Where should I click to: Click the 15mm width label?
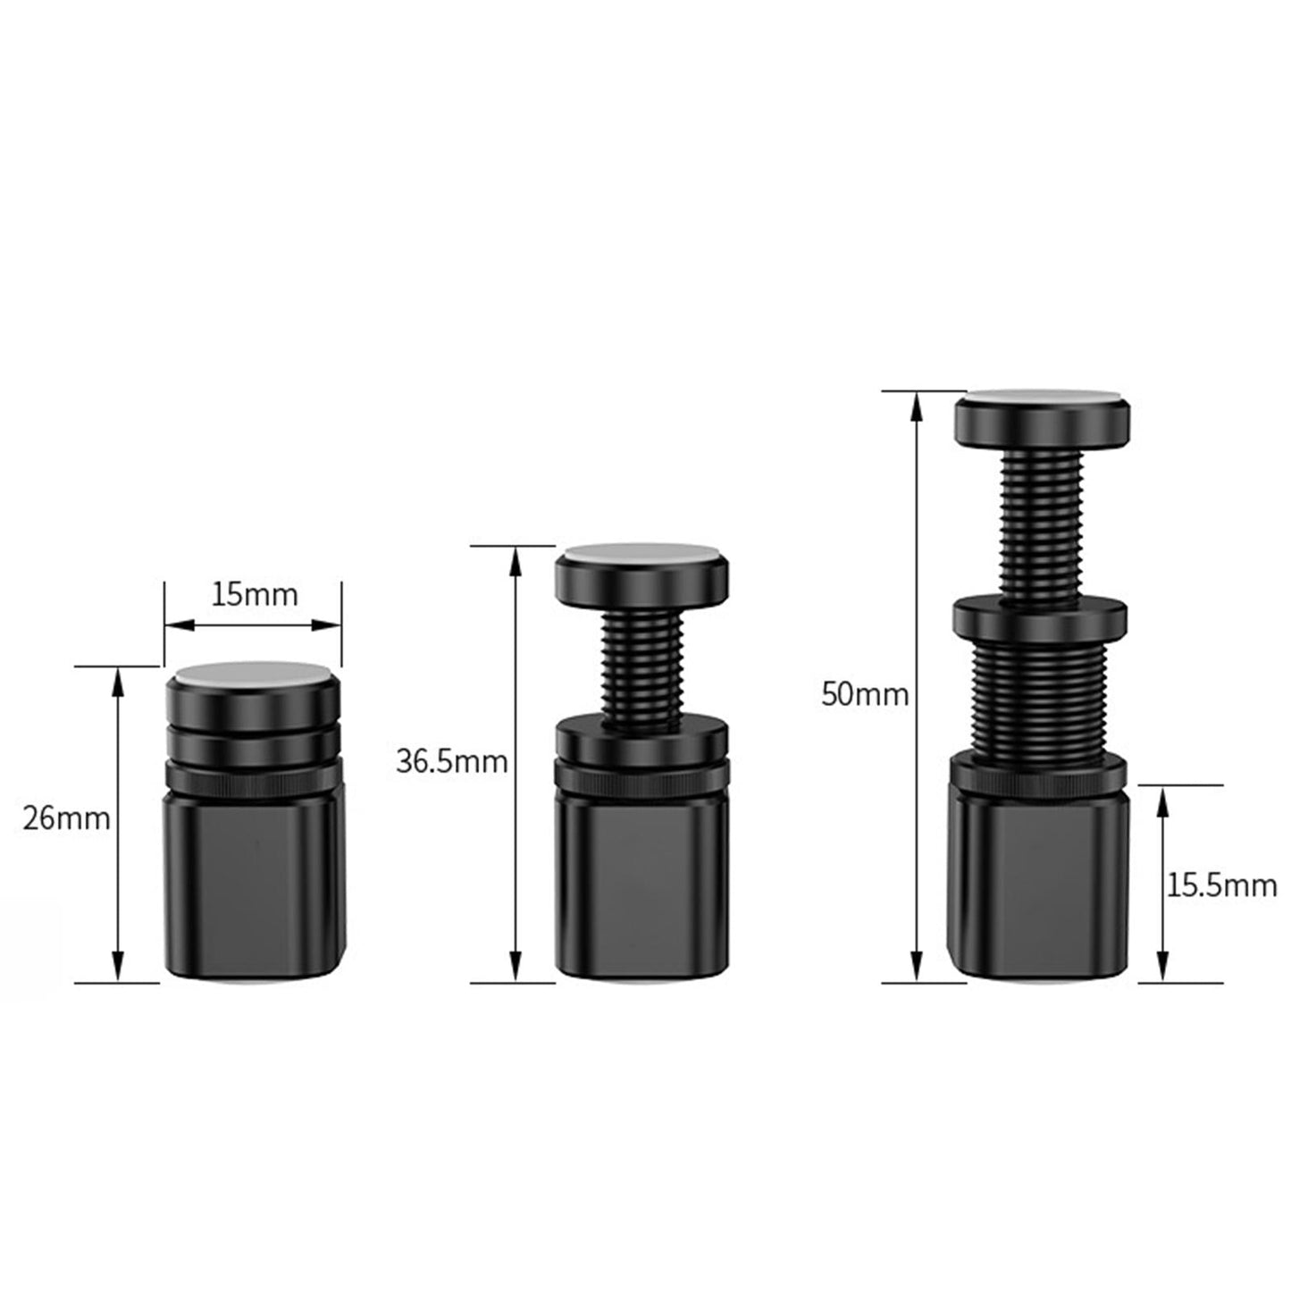tap(254, 594)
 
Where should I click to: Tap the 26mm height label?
tap(66, 817)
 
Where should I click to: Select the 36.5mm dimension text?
tap(452, 761)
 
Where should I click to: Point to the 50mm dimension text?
tap(865, 694)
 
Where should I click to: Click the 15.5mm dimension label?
tap(1221, 885)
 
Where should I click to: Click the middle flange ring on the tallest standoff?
tap(1039, 616)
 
